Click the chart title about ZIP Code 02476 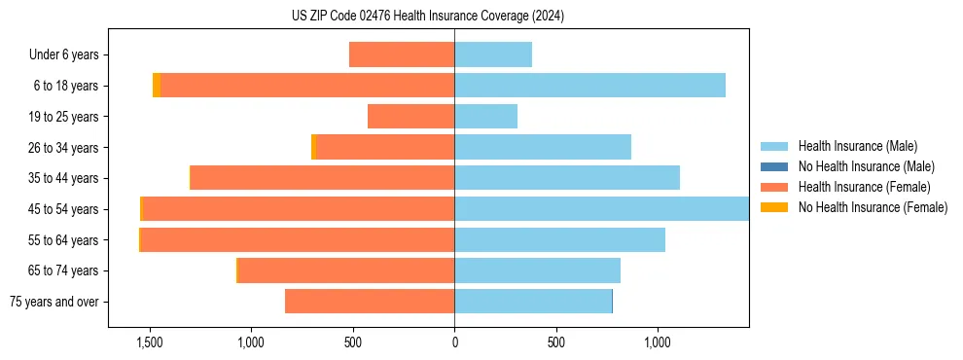[428, 17]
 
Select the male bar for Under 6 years [493, 54]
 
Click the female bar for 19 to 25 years [410, 117]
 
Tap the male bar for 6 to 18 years [589, 86]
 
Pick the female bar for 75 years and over [370, 302]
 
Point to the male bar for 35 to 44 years [567, 178]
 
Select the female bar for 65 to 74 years [346, 270]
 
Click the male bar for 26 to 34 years [543, 147]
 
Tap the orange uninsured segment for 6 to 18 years [157, 86]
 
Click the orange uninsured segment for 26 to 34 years [313, 147]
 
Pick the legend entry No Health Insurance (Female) [873, 207]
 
